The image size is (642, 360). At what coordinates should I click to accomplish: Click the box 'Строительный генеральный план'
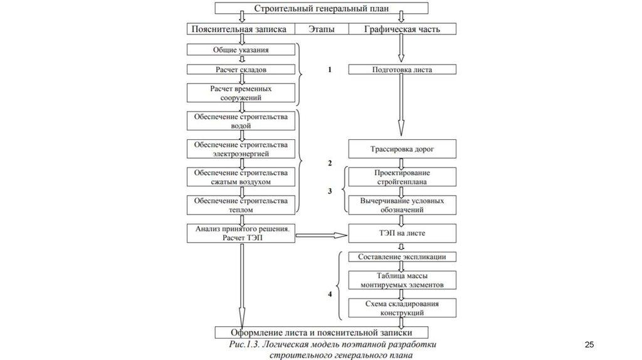(322, 8)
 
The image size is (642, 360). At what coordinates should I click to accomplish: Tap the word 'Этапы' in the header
(321, 29)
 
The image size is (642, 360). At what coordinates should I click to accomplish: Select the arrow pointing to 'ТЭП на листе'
(321, 235)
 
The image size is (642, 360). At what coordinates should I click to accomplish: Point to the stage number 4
(330, 294)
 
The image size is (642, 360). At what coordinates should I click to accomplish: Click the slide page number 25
(589, 345)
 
